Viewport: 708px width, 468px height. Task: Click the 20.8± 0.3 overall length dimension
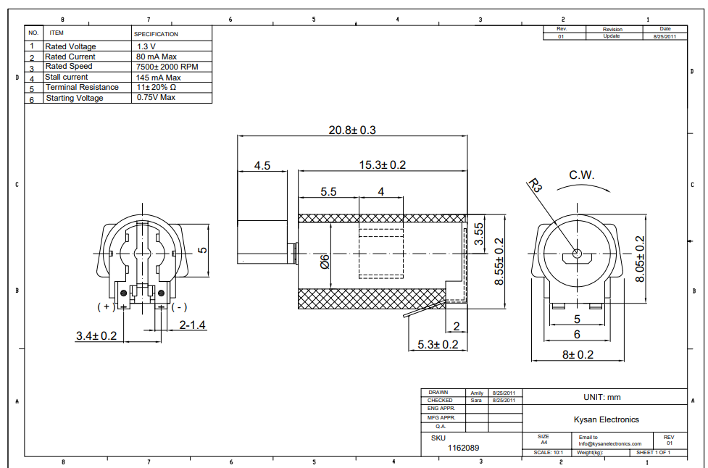(352, 130)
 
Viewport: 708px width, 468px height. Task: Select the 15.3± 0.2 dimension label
(383, 165)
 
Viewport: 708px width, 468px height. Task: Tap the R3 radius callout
(536, 186)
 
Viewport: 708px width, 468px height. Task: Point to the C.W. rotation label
(581, 175)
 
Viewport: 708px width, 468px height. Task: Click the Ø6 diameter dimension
(325, 262)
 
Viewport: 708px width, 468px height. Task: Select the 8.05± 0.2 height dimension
(640, 259)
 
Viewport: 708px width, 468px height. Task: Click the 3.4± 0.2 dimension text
(96, 336)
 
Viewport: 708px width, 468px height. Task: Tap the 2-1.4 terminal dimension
(192, 325)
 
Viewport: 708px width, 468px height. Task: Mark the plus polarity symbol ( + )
(106, 306)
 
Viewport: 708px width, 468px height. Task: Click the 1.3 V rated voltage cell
(146, 46)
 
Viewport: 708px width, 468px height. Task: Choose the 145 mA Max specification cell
(158, 77)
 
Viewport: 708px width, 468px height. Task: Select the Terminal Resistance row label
(82, 87)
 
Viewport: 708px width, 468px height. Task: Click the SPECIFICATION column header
(156, 34)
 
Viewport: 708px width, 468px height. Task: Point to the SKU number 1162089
(464, 448)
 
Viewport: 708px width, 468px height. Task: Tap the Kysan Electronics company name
(606, 419)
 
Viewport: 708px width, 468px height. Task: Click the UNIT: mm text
(601, 397)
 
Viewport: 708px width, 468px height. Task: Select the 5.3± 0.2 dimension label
(438, 345)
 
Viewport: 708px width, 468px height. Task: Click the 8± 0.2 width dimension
(578, 354)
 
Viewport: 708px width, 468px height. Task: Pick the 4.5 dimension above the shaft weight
(262, 166)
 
